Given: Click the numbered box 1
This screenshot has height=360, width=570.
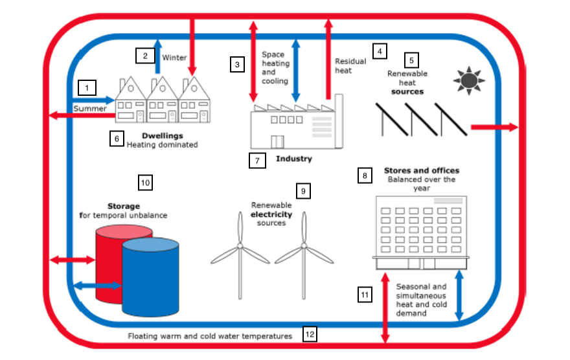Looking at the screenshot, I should point(87,87).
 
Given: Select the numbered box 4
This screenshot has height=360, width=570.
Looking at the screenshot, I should point(380,50).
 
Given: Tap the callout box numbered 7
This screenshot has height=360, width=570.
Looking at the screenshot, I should point(258,160).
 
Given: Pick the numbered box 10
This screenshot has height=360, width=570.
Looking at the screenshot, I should point(145,183).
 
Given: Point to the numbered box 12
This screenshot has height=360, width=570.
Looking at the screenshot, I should point(310,334).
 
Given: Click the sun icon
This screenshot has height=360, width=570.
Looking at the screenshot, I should point(468,80).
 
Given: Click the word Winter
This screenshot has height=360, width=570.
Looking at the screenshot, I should point(174,58).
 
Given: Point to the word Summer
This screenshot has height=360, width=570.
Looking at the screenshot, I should point(89,108).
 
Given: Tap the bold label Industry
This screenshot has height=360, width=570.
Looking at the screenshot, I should point(293,159).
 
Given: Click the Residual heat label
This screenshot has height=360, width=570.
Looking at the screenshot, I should point(350,66).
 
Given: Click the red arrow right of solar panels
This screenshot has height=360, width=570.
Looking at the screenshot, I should point(494,127).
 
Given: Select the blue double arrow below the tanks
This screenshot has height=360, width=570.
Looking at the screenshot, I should point(97,285).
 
